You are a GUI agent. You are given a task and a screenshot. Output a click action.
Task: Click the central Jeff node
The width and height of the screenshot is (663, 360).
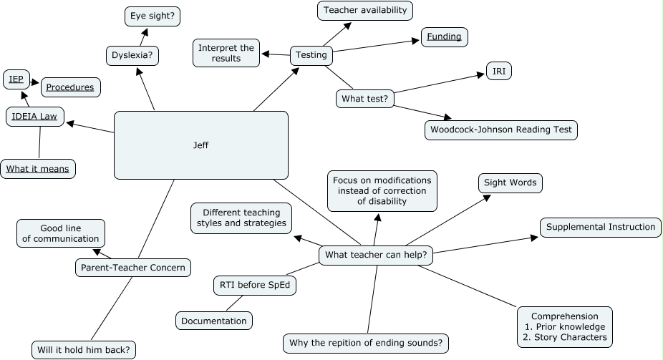click(x=201, y=145)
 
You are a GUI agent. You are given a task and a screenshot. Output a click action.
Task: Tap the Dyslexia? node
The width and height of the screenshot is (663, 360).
click(x=132, y=55)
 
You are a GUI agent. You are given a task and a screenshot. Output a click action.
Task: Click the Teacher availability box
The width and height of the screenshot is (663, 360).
click(x=365, y=10)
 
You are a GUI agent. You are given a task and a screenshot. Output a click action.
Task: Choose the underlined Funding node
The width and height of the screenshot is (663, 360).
click(x=444, y=37)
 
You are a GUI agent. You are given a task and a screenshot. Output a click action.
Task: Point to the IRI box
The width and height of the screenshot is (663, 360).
click(x=498, y=71)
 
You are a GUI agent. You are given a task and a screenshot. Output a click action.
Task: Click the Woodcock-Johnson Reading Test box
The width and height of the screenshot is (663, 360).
click(x=500, y=130)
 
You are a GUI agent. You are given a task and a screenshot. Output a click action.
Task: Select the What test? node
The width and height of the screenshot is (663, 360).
click(x=365, y=98)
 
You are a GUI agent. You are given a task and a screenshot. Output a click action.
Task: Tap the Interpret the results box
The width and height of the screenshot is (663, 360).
click(x=226, y=54)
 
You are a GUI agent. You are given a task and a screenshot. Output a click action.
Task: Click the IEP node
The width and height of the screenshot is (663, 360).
click(x=16, y=79)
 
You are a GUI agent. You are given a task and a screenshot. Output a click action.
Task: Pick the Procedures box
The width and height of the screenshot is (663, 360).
click(x=70, y=87)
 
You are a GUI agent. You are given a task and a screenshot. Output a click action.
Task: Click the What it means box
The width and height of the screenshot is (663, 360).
click(x=39, y=169)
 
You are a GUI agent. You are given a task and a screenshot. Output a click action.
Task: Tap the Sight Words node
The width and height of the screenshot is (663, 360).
click(x=510, y=183)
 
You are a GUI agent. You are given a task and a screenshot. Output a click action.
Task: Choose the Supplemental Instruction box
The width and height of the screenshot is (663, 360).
click(x=600, y=227)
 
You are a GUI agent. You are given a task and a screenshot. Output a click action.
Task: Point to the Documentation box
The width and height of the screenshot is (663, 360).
click(x=214, y=321)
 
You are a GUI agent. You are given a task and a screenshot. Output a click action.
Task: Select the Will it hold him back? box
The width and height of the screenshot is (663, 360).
click(x=84, y=350)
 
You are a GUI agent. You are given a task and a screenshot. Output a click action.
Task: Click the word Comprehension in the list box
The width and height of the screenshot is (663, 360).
click(x=564, y=316)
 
